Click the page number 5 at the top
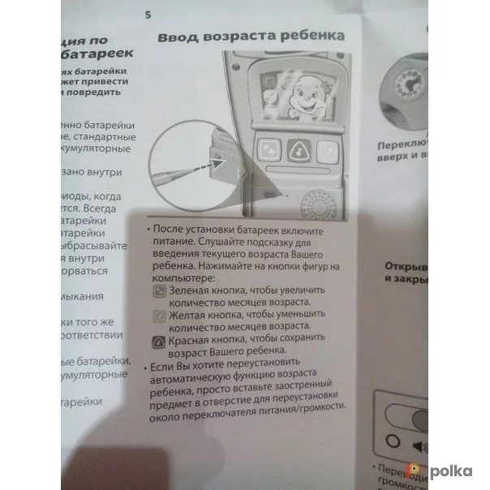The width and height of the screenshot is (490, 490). point(148,15)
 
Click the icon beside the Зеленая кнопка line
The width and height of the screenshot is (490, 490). point(161,290)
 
